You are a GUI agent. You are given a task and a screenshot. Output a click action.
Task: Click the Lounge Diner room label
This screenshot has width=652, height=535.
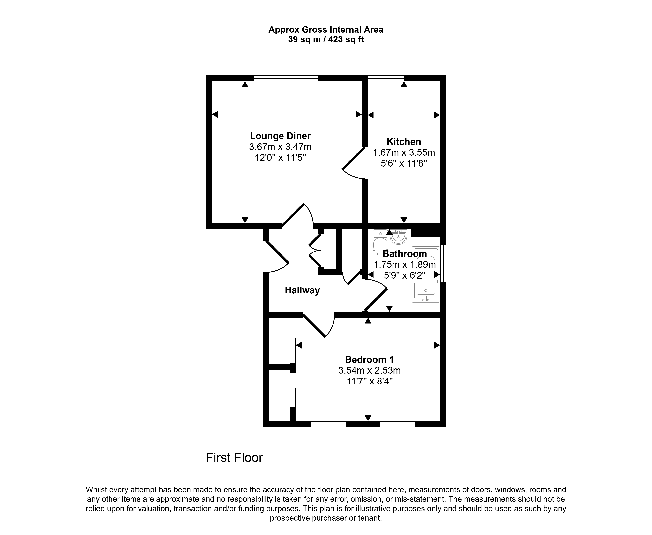tap(280, 136)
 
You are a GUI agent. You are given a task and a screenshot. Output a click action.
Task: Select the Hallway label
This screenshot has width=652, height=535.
tap(302, 290)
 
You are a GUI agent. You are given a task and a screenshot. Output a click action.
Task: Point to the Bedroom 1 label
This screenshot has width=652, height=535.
tap(369, 359)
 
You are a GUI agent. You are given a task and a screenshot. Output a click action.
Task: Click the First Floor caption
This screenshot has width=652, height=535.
tap(234, 458)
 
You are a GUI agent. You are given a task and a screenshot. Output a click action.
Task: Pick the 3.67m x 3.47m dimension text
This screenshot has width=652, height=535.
tap(280, 147)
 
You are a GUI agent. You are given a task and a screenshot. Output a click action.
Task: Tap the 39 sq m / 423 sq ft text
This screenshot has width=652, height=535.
tap(326, 39)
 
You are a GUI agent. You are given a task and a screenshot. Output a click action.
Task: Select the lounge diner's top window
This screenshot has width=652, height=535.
tap(286, 78)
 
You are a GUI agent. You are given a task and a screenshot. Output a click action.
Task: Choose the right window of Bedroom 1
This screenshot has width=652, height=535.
tap(397, 424)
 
